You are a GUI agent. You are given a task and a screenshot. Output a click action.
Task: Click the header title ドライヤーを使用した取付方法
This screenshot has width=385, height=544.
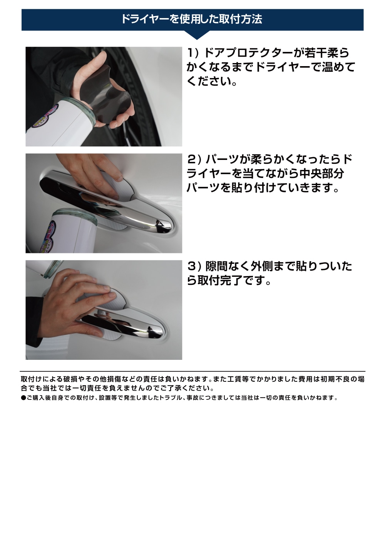[x=191, y=19]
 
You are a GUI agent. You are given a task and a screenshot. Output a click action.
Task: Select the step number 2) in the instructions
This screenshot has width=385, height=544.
[x=194, y=159]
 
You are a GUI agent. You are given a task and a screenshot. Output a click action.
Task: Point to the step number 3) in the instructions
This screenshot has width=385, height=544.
[x=194, y=266]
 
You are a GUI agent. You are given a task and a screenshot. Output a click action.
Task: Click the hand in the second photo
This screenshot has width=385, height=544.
[x=96, y=169]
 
